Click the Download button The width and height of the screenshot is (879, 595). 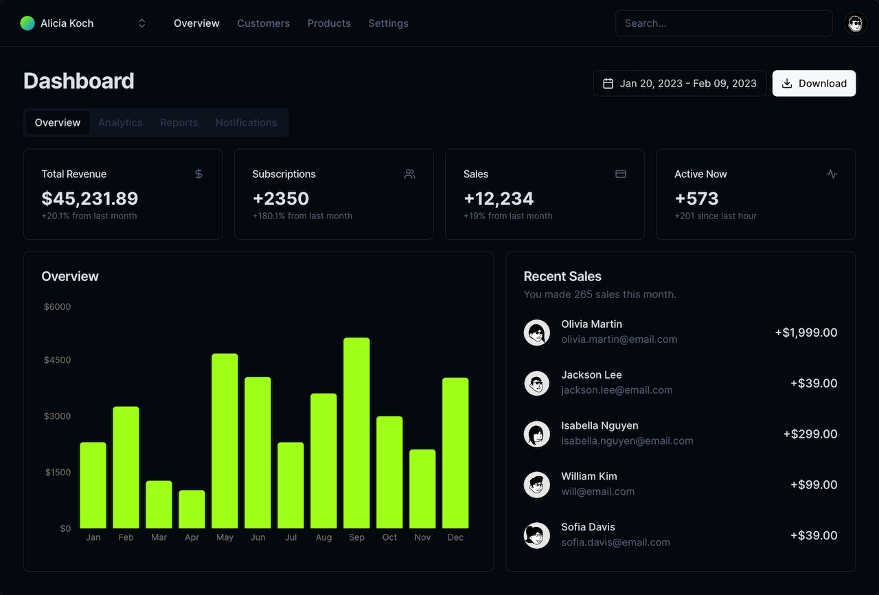[x=814, y=83]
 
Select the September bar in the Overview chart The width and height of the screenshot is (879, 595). [x=356, y=433]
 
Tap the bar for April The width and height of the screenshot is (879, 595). [x=192, y=509]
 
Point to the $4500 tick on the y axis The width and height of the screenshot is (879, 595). [x=57, y=360]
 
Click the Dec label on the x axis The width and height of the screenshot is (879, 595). [x=455, y=537]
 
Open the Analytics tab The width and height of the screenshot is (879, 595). [x=120, y=122]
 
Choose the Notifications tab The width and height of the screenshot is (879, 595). [x=246, y=122]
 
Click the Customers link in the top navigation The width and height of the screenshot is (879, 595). [x=263, y=23]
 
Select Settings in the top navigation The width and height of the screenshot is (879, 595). [x=388, y=23]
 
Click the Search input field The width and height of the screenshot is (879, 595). [x=723, y=23]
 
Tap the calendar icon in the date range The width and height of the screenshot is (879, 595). [x=608, y=83]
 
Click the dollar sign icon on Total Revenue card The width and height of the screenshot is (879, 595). [x=198, y=174]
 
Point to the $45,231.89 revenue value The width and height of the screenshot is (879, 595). [x=89, y=199]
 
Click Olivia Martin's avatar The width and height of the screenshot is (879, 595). [x=536, y=332]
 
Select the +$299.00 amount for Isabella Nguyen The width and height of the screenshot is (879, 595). [x=810, y=434]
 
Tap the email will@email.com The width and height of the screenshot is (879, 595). [x=597, y=491]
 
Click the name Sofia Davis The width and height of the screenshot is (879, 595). [x=588, y=527]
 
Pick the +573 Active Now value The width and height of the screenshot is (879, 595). [x=696, y=199]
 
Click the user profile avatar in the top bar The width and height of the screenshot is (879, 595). [x=855, y=23]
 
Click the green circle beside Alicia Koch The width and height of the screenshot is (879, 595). [x=27, y=23]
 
